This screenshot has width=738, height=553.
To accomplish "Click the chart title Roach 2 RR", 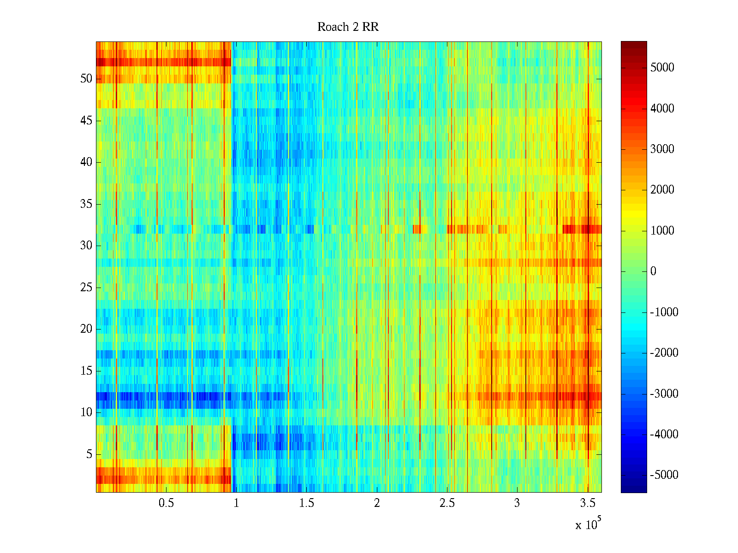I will [x=348, y=27].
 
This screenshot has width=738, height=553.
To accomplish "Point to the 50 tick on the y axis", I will [x=86, y=79].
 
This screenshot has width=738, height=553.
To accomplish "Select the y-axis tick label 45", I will [x=86, y=121].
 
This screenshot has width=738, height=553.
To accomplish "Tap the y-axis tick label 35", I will [x=86, y=204].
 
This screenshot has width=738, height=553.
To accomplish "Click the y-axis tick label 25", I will [x=86, y=288].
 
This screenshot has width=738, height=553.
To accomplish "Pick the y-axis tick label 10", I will [x=86, y=412].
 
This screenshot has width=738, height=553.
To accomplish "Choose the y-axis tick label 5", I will [x=89, y=454].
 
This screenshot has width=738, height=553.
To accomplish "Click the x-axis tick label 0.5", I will [x=166, y=503].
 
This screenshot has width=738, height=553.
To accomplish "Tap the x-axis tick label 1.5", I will [x=306, y=503].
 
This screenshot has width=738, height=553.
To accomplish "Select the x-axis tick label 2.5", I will [x=446, y=503].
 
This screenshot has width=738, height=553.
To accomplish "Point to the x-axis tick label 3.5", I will [x=587, y=503].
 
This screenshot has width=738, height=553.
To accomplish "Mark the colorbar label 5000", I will [x=662, y=68].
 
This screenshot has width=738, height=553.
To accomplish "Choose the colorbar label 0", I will [x=653, y=271].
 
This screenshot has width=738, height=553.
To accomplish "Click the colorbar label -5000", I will [x=664, y=475].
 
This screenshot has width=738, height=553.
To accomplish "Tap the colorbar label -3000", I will [x=664, y=394].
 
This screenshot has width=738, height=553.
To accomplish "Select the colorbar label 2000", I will [x=662, y=190].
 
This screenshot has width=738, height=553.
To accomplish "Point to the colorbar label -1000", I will [x=664, y=312].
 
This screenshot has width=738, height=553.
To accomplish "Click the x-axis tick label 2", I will [x=377, y=503].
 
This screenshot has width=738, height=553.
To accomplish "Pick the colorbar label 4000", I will [x=662, y=109].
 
